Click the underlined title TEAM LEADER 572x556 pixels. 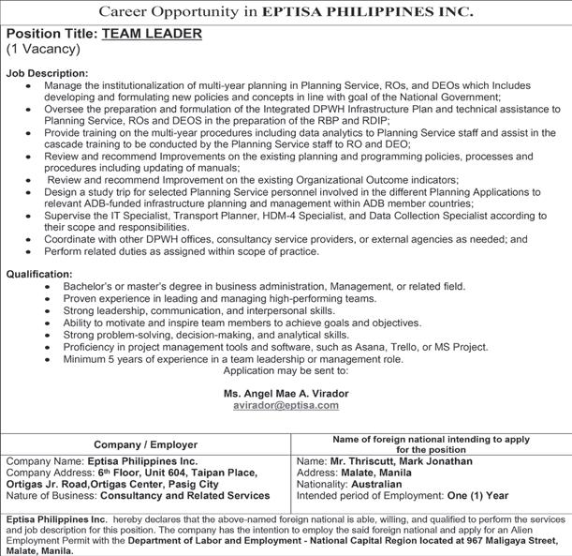[x=152, y=33]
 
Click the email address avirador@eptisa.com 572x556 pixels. [x=286, y=405]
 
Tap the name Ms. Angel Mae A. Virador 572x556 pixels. [x=286, y=393]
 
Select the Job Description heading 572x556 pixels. [x=47, y=72]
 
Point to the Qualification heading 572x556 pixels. [x=39, y=274]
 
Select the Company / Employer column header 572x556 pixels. [x=145, y=443]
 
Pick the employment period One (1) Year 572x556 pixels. [x=477, y=495]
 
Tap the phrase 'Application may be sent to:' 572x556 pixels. [x=285, y=371]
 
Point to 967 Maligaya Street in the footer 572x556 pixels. [x=511, y=539]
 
